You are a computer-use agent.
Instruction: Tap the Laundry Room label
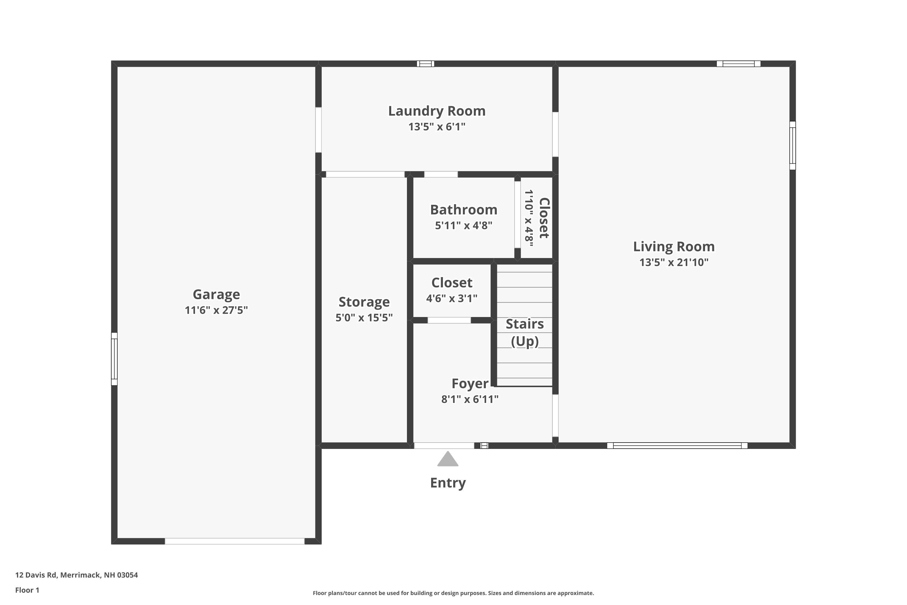437,111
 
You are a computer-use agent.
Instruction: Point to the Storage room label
364,302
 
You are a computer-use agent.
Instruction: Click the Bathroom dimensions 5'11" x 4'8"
463,225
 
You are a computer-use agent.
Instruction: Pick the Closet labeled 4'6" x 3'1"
452,283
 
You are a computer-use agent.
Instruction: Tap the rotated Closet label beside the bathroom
544,218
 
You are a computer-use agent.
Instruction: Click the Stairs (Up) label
525,332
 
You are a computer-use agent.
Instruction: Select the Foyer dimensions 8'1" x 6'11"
470,399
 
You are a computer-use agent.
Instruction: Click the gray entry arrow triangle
448,459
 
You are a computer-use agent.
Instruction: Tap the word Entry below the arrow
448,483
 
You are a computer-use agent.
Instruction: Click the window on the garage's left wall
114,359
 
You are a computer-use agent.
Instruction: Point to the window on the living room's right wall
792,146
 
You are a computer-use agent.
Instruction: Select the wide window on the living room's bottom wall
677,446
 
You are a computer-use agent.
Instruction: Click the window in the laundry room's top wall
425,64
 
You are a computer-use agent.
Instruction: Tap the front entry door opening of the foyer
444,446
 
